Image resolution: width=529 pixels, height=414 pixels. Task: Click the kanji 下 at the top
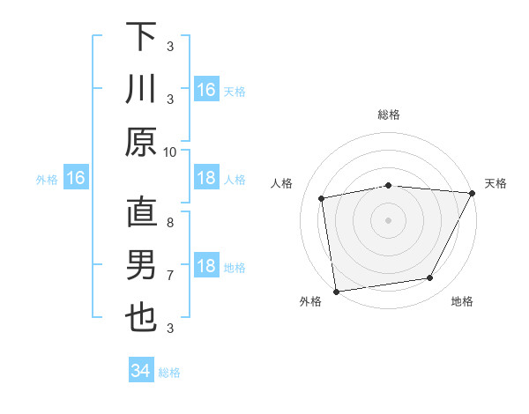[140, 37]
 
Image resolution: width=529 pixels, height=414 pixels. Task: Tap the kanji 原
[140, 142]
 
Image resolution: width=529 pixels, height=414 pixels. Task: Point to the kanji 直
[140, 212]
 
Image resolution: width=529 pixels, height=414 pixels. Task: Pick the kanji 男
[140, 265]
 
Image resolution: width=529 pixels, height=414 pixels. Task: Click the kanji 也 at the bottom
[140, 318]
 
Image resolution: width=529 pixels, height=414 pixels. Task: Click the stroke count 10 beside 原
[170, 152]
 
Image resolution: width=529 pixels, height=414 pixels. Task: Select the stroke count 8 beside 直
[170, 223]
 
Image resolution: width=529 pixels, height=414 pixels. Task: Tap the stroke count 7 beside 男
[170, 276]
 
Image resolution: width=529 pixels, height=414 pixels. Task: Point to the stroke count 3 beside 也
[170, 329]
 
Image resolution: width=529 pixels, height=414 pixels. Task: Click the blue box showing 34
[141, 371]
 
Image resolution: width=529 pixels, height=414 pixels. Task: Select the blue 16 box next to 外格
[75, 179]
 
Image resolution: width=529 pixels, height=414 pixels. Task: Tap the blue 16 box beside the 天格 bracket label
[206, 90]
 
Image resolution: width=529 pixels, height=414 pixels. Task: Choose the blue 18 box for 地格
[206, 266]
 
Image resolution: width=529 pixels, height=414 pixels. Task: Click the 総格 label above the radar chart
[389, 115]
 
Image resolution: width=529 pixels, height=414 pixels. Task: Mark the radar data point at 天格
[473, 194]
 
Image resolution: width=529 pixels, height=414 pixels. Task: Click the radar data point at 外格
[336, 291]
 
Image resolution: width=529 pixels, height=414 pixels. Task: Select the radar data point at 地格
[430, 278]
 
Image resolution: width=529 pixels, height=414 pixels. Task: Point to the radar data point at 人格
[322, 199]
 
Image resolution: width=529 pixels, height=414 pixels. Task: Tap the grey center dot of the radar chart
[389, 219]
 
